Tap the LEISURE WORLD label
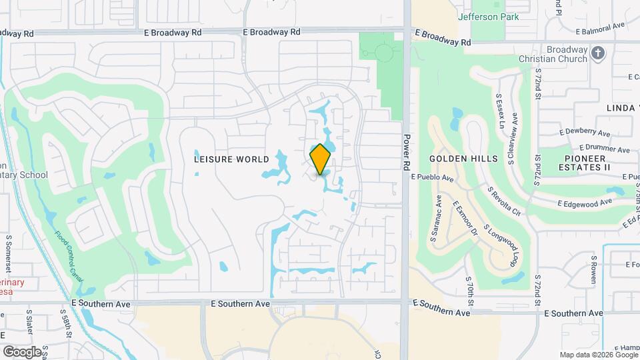coord(231,159)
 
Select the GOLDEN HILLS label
coord(463,159)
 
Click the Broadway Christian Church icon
coord(598,53)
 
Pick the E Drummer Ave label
coord(604,148)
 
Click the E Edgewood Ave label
coord(585,202)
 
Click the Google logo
coord(22,351)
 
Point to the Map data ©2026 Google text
coord(598,355)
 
